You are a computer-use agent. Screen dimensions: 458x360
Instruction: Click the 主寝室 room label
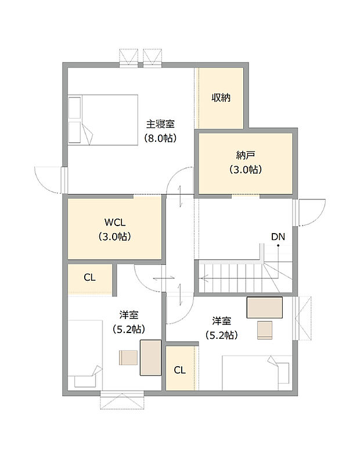coord(160,124)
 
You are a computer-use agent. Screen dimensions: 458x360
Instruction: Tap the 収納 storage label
coord(221,98)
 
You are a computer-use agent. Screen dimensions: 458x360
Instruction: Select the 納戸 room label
coord(246,155)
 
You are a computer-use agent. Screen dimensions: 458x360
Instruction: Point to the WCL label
coord(114,222)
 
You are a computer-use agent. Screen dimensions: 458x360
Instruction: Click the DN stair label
coord(278,236)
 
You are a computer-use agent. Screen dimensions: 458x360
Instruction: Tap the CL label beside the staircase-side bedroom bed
coord(180,370)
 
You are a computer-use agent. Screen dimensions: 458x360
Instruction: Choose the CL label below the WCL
coord(89,277)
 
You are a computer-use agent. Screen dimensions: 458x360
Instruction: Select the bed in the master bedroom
coord(103,119)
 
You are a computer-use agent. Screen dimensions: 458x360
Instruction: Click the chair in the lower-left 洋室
coord(128,357)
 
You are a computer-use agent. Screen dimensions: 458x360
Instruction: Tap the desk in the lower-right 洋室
coord(265,307)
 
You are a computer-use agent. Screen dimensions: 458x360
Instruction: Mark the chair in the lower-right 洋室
coord(265,330)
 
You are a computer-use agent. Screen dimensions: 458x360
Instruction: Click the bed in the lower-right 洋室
coord(256,373)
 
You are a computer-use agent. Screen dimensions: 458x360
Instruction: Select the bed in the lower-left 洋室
coord(85,355)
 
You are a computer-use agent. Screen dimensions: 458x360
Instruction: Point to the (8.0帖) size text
coord(160,138)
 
